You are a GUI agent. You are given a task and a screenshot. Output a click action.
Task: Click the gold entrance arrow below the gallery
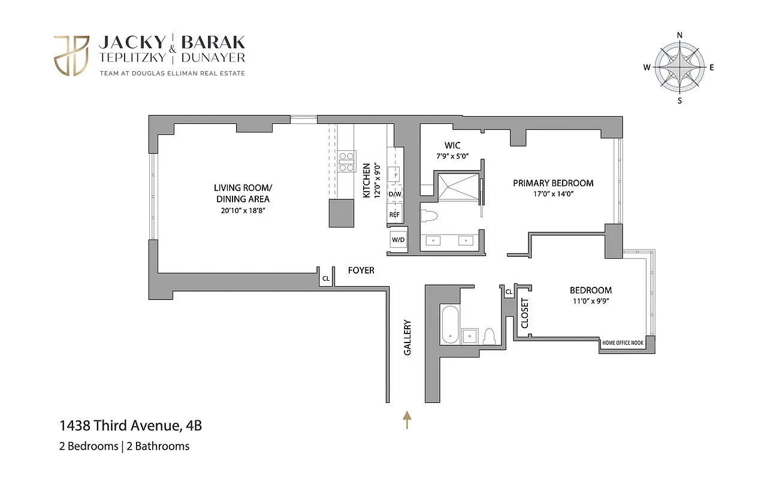pos(407,420)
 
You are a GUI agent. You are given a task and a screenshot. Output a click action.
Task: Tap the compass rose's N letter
pos(680,35)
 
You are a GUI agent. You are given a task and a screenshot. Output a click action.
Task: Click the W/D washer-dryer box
pos(398,240)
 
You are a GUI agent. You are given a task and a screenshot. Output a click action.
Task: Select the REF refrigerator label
pos(394,214)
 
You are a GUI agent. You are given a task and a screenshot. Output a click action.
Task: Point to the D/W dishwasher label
pos(395,195)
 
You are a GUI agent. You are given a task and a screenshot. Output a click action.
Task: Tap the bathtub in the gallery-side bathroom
pos(449,325)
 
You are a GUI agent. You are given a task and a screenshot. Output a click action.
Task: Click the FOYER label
pos(361,271)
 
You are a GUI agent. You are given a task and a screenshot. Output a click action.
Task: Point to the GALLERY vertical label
pos(407,338)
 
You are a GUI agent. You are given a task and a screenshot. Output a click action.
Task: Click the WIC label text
pos(452,145)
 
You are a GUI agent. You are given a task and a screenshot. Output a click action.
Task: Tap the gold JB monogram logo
pos(71,56)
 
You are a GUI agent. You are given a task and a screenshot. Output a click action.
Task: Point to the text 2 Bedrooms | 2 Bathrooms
pos(125,446)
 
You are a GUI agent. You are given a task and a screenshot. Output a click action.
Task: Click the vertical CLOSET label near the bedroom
pos(525,313)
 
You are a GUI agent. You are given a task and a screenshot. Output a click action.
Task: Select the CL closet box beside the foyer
pos(326,278)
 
